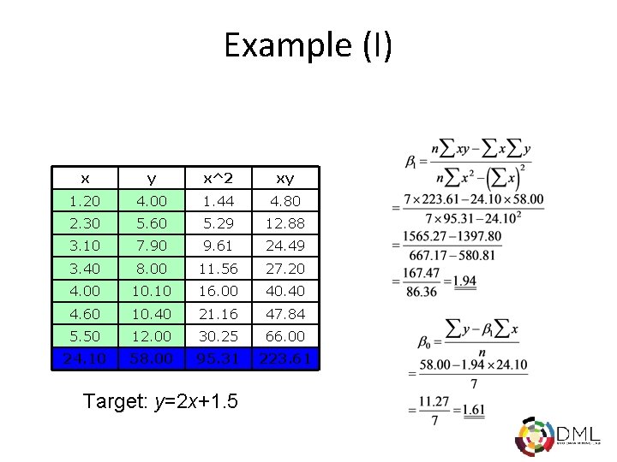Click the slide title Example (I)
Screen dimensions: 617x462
[308, 44]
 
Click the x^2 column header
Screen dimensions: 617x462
[217, 178]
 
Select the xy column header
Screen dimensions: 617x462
[285, 178]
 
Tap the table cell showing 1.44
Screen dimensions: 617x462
[217, 201]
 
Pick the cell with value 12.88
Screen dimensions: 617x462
[285, 223]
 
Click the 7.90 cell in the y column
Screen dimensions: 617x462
[151, 246]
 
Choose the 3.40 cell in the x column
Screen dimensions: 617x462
[85, 269]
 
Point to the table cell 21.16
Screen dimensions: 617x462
[217, 313]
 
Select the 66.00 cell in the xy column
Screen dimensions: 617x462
[285, 335]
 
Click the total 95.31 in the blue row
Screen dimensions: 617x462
[217, 358]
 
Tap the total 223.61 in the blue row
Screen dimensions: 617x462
[285, 358]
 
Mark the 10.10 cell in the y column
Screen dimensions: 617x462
[151, 291]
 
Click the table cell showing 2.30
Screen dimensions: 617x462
[85, 223]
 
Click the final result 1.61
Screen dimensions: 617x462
[473, 412]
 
